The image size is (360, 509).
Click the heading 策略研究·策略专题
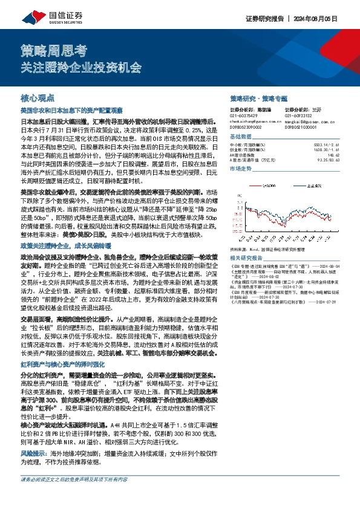258,98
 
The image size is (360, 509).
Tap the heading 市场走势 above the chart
241,169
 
